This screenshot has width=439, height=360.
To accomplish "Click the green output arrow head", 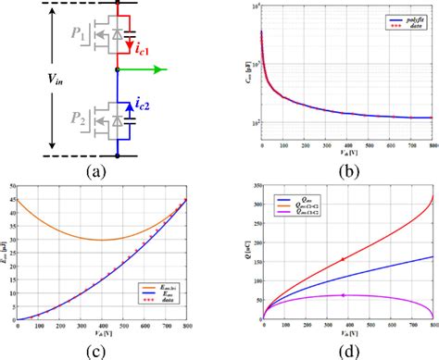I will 166,68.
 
